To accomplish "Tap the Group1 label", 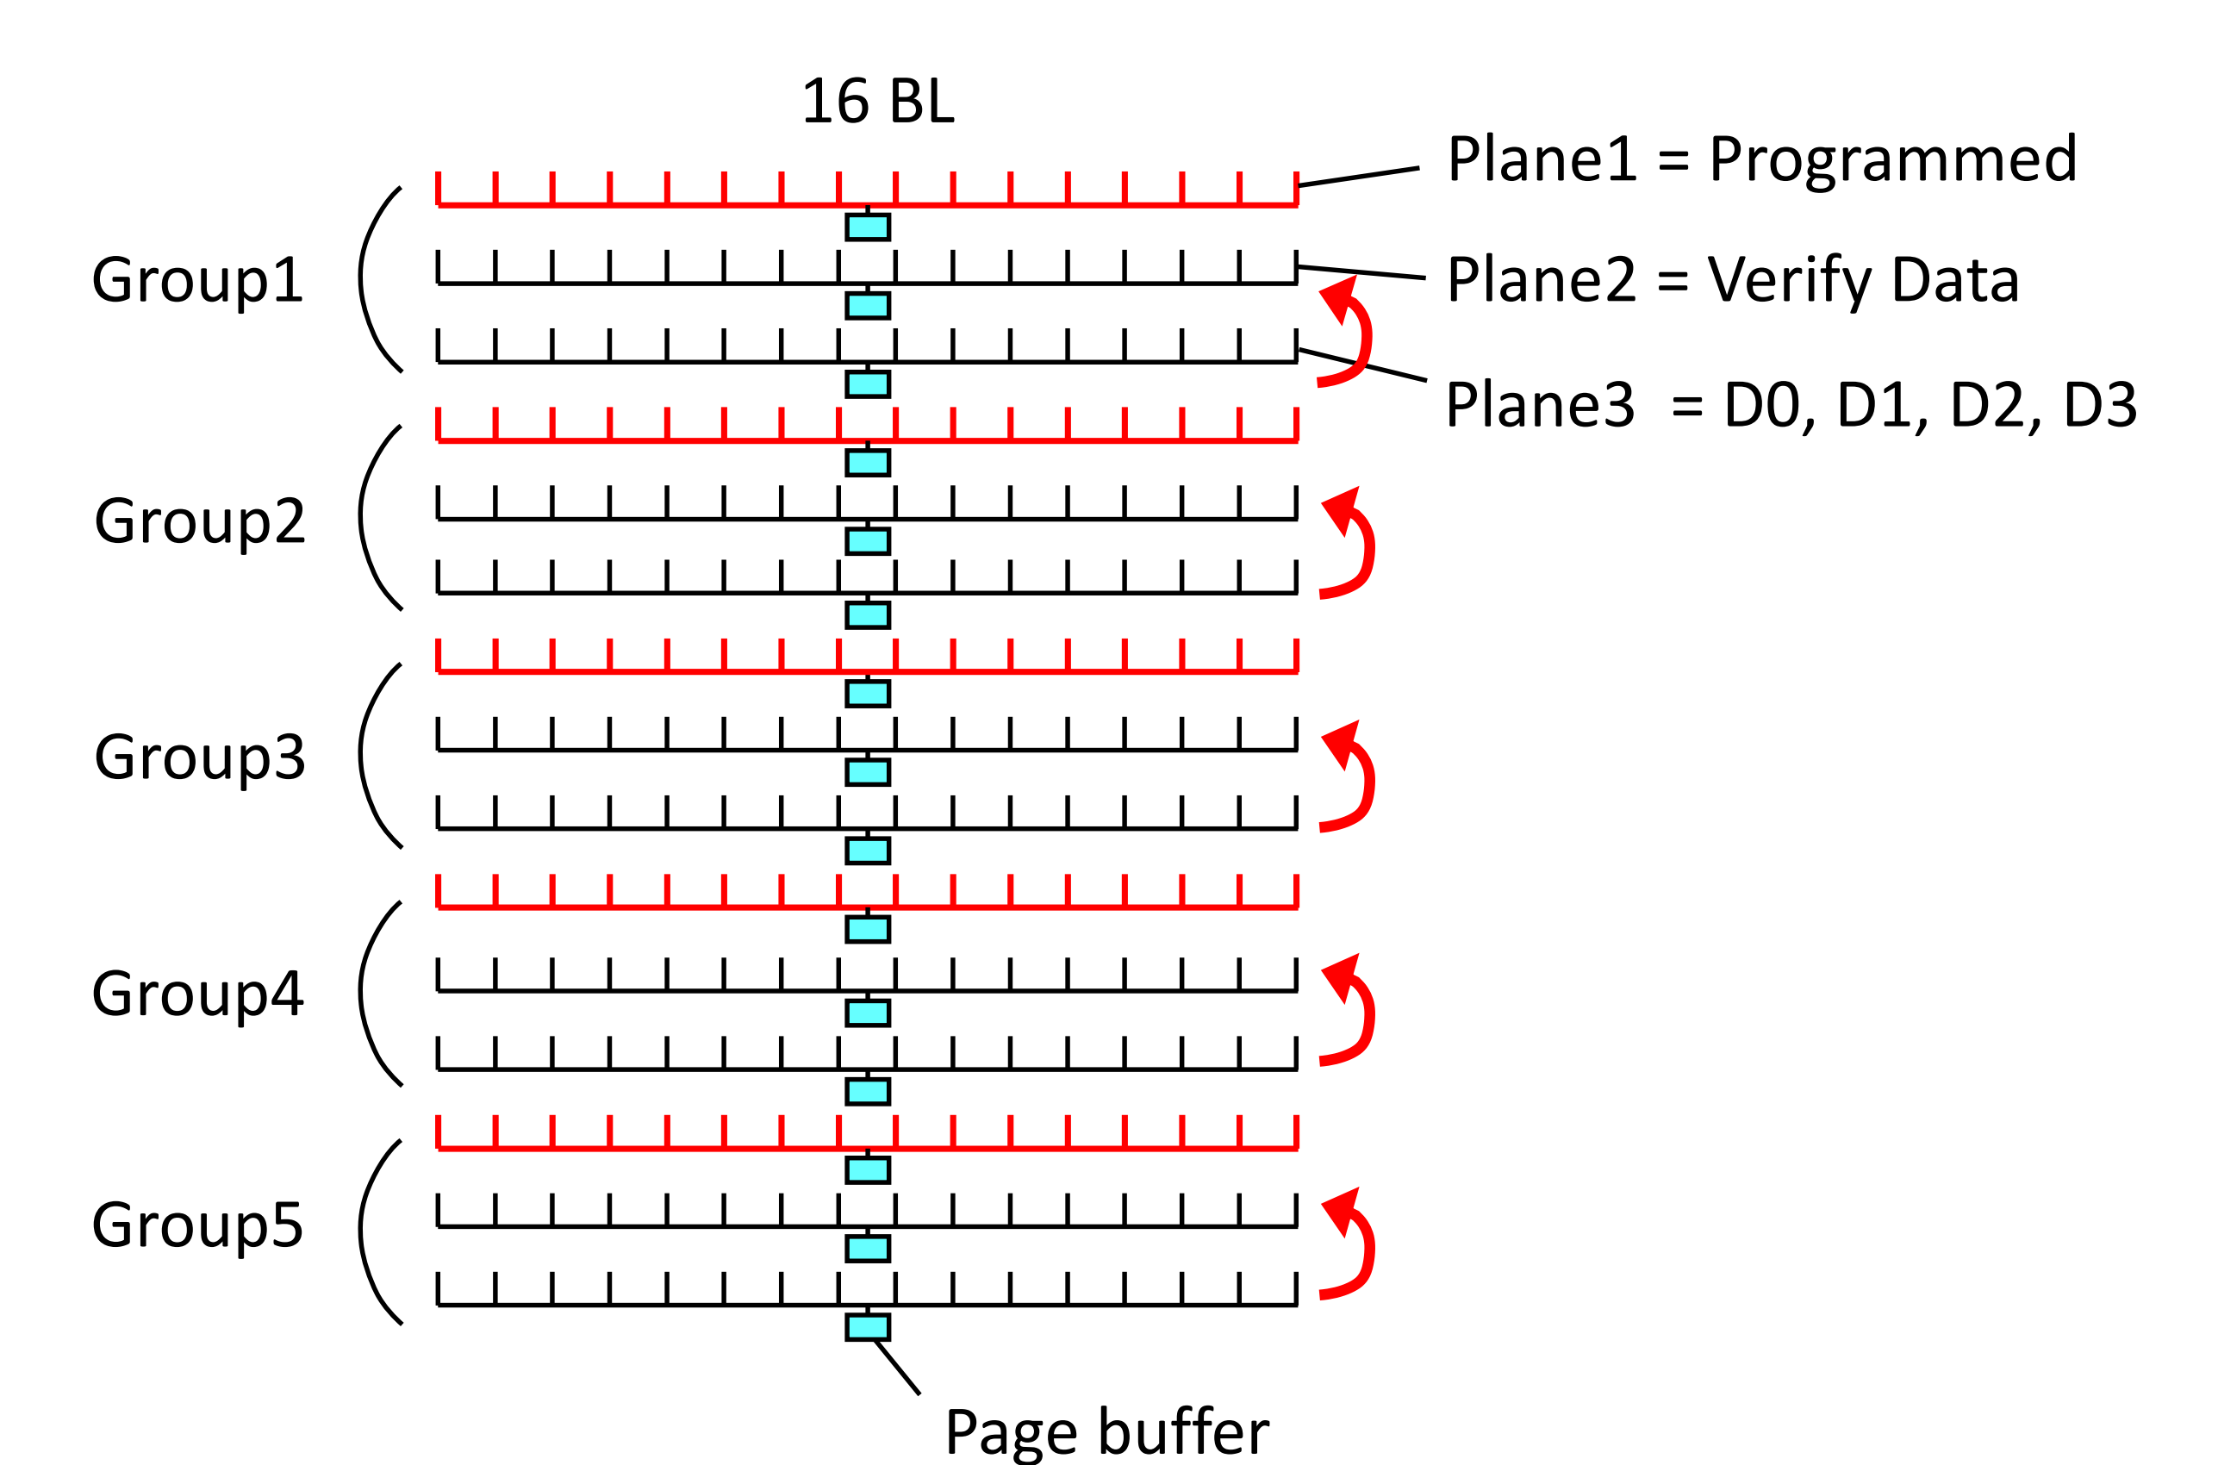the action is (197, 279).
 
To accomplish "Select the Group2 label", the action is (199, 521).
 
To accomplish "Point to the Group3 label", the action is (199, 757).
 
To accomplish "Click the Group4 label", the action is (197, 993).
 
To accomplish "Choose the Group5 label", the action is (197, 1225).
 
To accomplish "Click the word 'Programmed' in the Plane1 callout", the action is (1893, 160).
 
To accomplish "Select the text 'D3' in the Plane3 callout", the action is (2100, 406).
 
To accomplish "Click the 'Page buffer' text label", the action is (1106, 1432).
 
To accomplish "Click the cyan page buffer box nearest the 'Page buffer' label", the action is (867, 1328).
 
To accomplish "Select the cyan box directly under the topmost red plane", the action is (867, 227).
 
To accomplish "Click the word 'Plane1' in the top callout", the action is (1542, 159).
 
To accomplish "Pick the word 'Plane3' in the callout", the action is (1540, 406).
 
